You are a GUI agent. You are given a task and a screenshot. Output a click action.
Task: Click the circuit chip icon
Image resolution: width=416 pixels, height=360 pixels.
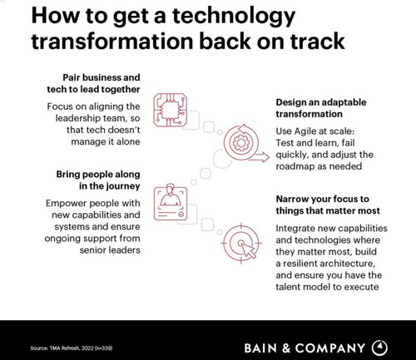[x=171, y=110]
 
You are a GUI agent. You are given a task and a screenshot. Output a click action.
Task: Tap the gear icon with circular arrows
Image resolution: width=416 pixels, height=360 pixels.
[x=240, y=143]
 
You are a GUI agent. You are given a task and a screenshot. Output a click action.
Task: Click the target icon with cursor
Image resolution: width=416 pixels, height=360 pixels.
[x=241, y=243]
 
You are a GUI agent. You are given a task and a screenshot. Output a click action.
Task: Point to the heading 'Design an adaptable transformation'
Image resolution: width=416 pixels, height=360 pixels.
[x=321, y=108]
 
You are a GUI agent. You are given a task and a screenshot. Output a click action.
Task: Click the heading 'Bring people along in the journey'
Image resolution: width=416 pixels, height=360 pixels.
[x=98, y=180]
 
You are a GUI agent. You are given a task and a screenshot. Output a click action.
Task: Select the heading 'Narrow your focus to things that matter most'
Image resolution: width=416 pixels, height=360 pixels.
[x=328, y=205]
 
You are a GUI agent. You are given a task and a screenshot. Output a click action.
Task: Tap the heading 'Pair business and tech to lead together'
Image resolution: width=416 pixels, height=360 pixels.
[x=93, y=83]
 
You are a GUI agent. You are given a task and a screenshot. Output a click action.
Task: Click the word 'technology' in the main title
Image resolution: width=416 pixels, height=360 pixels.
[x=234, y=17]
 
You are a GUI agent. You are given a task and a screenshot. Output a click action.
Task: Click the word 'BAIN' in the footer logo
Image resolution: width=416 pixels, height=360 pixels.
[x=260, y=348]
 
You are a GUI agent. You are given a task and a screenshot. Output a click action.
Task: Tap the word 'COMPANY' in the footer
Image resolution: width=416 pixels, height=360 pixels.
[x=329, y=348]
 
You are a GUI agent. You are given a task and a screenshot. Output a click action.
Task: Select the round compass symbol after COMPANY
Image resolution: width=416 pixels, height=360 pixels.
[x=379, y=348]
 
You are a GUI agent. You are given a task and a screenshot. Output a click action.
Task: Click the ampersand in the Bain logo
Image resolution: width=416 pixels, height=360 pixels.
[x=286, y=348]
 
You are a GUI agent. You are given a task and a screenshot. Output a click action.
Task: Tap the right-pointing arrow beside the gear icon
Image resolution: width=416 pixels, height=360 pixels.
[x=259, y=157]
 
